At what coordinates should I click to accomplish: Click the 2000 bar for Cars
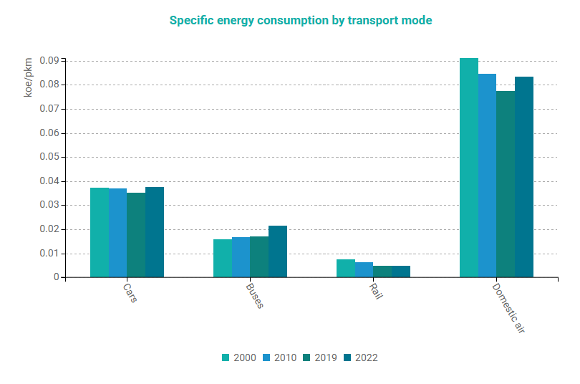pyautogui.click(x=100, y=233)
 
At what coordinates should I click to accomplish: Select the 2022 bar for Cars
pyautogui.click(x=155, y=232)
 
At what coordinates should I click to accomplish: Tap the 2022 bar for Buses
pyautogui.click(x=278, y=251)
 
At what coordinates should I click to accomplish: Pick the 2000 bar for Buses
pyautogui.click(x=223, y=259)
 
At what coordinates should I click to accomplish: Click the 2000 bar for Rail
pyautogui.click(x=346, y=269)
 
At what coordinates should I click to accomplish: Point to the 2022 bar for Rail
pyautogui.click(x=401, y=272)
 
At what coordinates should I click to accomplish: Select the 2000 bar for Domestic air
pyautogui.click(x=469, y=168)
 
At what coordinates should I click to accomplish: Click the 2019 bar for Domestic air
pyautogui.click(x=506, y=184)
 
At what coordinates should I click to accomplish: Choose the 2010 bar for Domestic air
pyautogui.click(x=488, y=176)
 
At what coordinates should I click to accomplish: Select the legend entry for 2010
pyautogui.click(x=279, y=357)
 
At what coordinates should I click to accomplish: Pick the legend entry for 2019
pyautogui.click(x=320, y=357)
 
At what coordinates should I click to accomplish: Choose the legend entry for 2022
pyautogui.click(x=360, y=357)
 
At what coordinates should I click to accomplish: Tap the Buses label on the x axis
pyautogui.click(x=255, y=296)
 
